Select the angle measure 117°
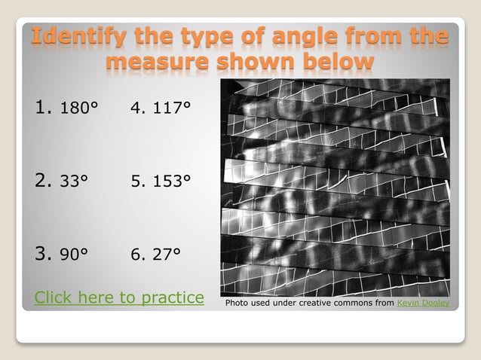coord(170,108)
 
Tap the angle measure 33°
coord(74,181)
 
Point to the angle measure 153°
coord(170,182)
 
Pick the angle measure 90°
coord(75,254)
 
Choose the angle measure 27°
coord(166,255)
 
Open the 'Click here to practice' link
coord(119,297)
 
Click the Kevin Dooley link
coord(423,303)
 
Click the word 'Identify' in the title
coord(78,35)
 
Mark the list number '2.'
coord(43,181)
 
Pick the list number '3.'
coord(43,254)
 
